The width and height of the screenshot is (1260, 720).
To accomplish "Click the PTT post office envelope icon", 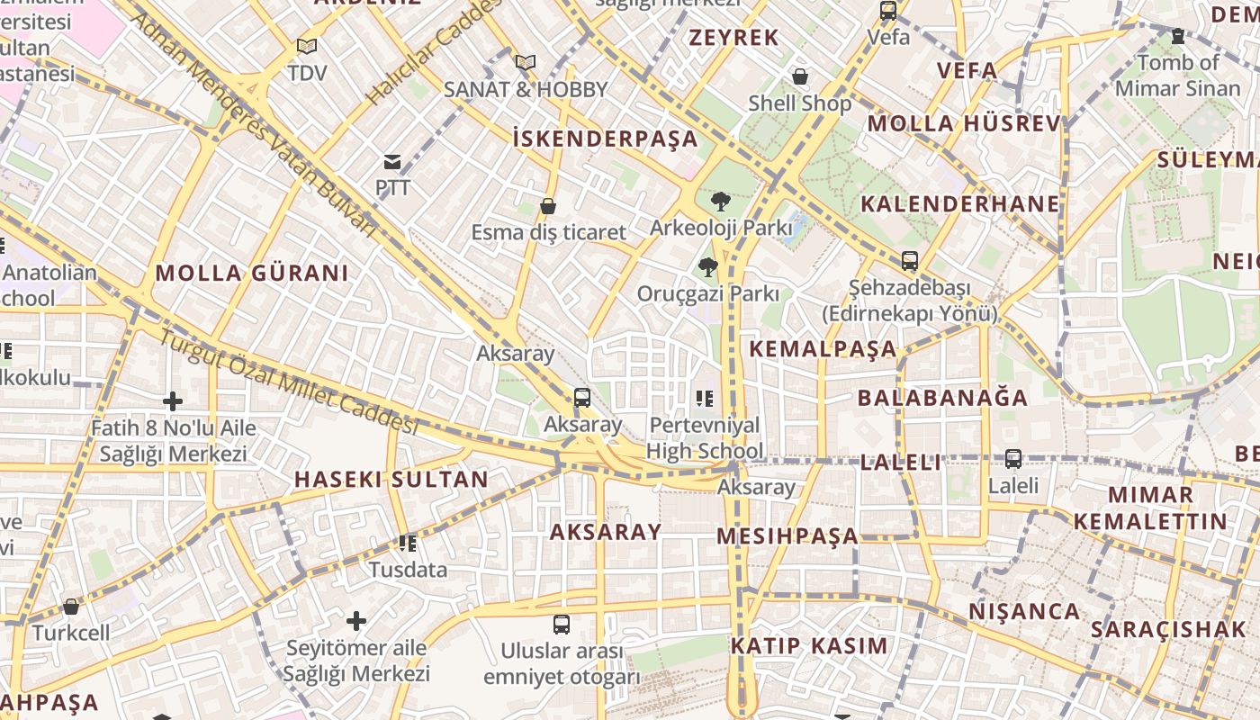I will click(x=392, y=162).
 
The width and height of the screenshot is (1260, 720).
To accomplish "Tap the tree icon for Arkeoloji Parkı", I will click(x=720, y=201).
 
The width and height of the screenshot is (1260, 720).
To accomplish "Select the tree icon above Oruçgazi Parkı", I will click(x=707, y=266).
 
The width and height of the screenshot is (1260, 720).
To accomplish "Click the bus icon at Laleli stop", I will click(x=1013, y=459).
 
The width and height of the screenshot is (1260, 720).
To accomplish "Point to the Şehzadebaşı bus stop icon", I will click(x=910, y=261).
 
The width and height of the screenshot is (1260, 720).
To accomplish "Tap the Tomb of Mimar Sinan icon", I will click(x=1178, y=36).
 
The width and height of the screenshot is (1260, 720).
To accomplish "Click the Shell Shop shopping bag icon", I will click(x=799, y=76).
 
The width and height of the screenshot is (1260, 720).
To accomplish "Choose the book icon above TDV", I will click(x=307, y=46).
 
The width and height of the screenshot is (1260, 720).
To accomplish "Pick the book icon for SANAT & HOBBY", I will click(x=526, y=62).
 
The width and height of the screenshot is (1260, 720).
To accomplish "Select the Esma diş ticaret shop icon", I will click(x=547, y=206).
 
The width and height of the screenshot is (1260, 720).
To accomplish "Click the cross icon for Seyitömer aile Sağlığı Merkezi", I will click(x=356, y=620).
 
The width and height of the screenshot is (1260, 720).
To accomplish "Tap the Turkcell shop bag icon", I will click(x=71, y=607).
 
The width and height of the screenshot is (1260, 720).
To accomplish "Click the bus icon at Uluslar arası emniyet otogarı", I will click(x=562, y=624).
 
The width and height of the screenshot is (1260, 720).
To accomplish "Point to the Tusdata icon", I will click(x=408, y=543).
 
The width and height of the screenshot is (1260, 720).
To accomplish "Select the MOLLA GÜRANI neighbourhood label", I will click(x=252, y=274).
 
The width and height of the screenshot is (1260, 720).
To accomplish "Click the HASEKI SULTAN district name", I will click(x=391, y=480).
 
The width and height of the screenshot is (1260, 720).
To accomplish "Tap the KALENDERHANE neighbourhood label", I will click(x=960, y=203).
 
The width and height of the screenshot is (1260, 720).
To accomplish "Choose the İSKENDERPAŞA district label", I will click(x=605, y=139).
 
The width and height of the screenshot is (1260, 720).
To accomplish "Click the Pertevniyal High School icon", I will click(x=704, y=398).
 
